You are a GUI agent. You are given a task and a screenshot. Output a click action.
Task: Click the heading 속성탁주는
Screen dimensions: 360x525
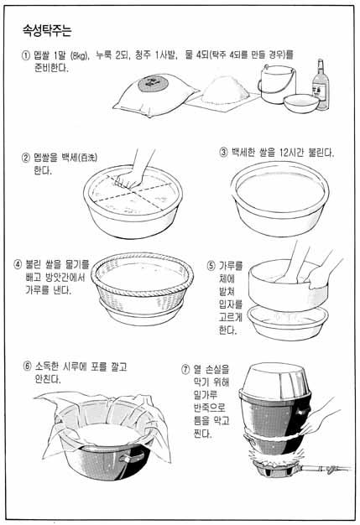coord(47,30)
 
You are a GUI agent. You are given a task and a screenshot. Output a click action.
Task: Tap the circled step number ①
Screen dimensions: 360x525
coord(26,55)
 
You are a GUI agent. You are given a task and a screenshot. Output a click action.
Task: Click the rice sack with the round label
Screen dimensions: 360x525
coord(155,95)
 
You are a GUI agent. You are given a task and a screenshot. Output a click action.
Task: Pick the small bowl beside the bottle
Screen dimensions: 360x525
coord(301,103)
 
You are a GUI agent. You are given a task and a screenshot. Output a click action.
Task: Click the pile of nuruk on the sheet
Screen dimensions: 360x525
coord(225,90)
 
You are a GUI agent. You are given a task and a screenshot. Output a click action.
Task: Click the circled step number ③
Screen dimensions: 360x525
coord(223,153)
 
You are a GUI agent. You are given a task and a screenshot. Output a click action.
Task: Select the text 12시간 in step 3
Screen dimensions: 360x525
coord(291,153)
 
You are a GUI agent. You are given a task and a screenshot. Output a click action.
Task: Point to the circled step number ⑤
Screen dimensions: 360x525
coord(211,266)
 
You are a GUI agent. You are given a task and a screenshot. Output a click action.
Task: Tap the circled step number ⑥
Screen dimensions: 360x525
coord(27,366)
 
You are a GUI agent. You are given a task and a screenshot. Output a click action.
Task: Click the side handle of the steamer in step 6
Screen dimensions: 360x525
coord(133,456)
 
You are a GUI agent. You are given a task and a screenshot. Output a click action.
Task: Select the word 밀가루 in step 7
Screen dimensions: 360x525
coord(206,395)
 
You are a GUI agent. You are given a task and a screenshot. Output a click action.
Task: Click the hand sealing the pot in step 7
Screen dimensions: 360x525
coord(318,418)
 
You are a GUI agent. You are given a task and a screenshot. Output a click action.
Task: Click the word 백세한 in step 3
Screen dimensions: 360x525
coord(243,153)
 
